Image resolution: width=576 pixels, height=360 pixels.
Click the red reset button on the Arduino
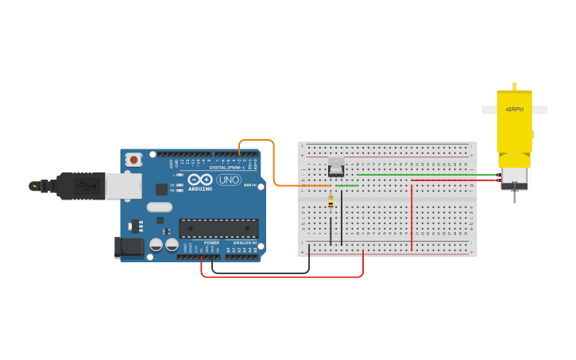tap(133, 160)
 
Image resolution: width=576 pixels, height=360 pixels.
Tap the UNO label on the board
tap(229, 180)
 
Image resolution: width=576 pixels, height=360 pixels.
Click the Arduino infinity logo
tap(199, 180)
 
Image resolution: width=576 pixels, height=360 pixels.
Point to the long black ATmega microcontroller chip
tap(218, 228)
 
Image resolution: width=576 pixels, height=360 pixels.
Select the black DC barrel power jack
tap(129, 247)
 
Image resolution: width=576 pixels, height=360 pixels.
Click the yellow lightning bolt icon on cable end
tap(33, 186)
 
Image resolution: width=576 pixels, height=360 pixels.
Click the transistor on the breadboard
tap(336, 167)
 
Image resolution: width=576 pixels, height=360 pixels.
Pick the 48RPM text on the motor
tap(514, 109)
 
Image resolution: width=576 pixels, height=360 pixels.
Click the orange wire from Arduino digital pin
tap(274, 163)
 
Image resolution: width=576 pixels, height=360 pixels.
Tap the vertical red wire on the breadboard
tap(412, 215)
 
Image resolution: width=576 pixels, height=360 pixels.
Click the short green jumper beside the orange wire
tap(346, 186)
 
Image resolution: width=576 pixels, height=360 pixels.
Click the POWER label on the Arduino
tap(211, 242)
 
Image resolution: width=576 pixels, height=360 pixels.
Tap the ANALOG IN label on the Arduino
tap(244, 242)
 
